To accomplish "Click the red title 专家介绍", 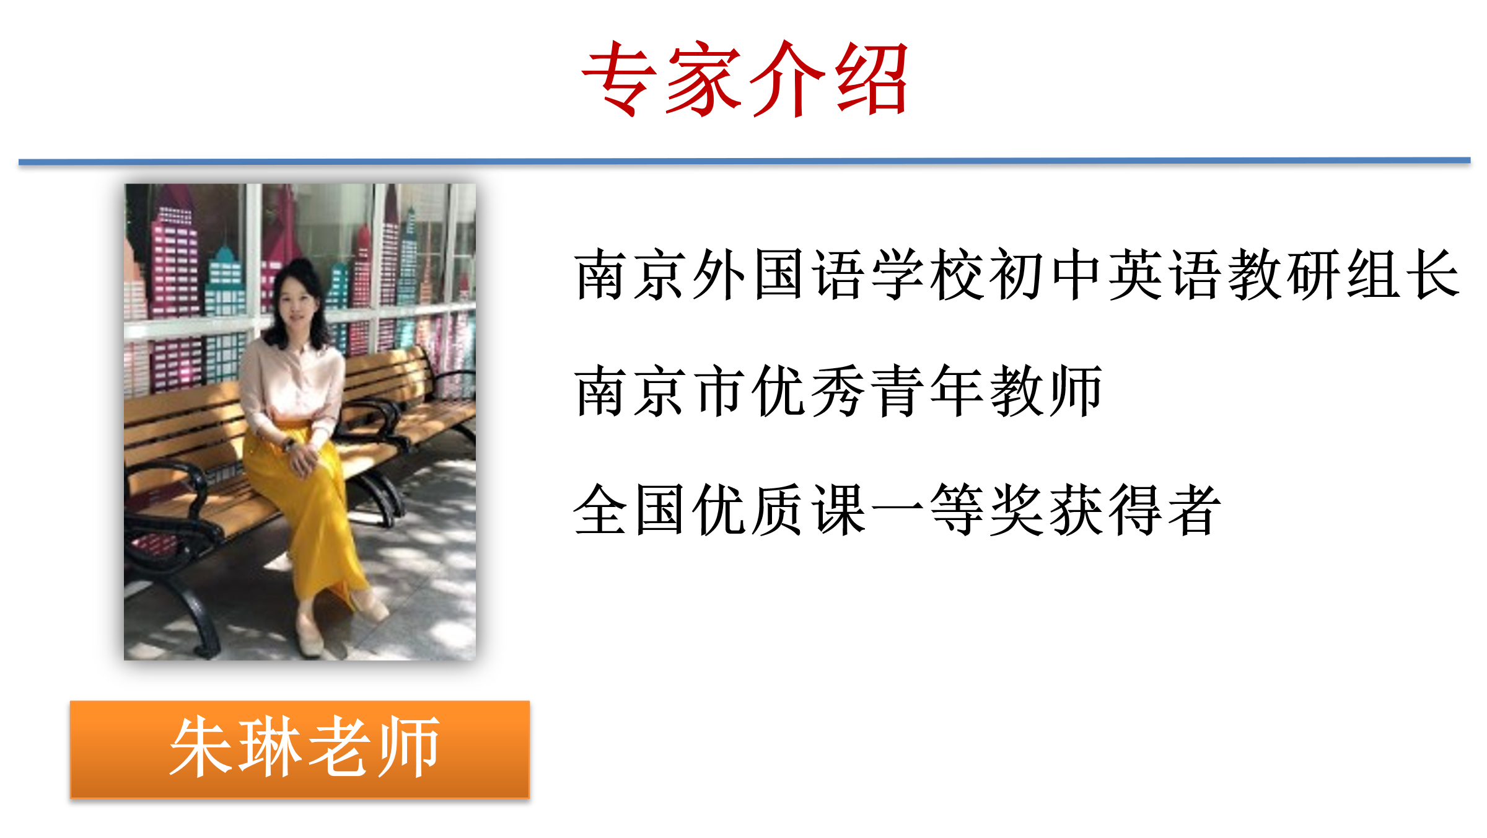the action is point(745,79).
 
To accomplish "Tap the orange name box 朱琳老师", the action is point(300,749).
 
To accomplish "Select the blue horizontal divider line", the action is point(744,161).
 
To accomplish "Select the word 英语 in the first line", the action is point(1165,274).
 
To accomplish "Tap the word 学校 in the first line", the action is point(928,274).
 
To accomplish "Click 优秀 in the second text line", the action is point(808,390).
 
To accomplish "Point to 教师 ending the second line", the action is point(1046,390).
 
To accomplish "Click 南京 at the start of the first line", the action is point(630,274).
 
